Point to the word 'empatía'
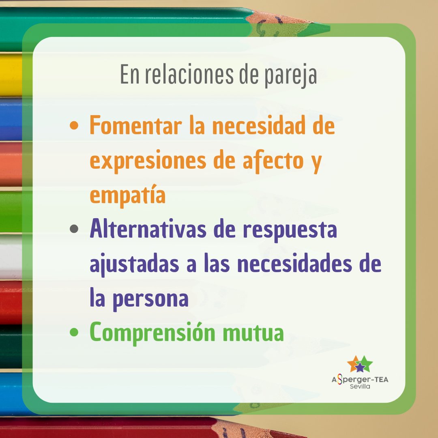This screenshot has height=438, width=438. (128, 196)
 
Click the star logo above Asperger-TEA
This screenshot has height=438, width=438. (360, 364)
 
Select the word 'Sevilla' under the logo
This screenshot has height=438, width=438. (360, 386)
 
